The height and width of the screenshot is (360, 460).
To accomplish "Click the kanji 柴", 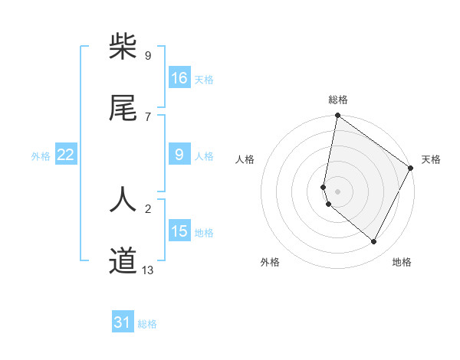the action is point(123,47).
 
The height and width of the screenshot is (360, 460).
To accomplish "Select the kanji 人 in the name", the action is point(123,199).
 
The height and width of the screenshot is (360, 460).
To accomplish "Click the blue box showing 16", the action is point(179,78).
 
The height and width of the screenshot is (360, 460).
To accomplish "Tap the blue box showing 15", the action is point(179,231).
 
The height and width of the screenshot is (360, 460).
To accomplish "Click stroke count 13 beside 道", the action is point(148,270).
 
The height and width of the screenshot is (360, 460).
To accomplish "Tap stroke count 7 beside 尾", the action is point(147,116).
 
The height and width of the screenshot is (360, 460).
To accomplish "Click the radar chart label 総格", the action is point(338,100).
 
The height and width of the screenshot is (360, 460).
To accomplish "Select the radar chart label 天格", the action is point(431,159).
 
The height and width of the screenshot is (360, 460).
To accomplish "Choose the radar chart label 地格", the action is point(402,262).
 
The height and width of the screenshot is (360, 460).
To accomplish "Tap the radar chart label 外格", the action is point(270,262).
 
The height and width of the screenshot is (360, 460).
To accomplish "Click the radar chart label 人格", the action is point(245,159).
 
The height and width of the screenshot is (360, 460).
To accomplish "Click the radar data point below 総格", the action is point(337,116).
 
